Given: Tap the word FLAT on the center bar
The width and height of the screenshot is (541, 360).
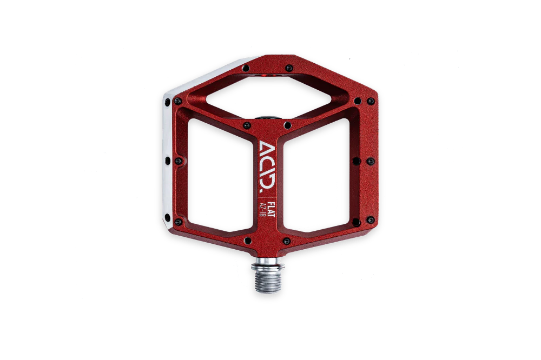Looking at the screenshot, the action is (271, 209).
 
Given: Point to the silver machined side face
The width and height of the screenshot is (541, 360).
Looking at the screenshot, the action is (168, 155).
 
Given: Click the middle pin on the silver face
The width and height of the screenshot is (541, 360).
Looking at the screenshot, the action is (168, 161).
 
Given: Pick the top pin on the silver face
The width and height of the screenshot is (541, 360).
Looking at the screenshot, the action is (168, 102).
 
